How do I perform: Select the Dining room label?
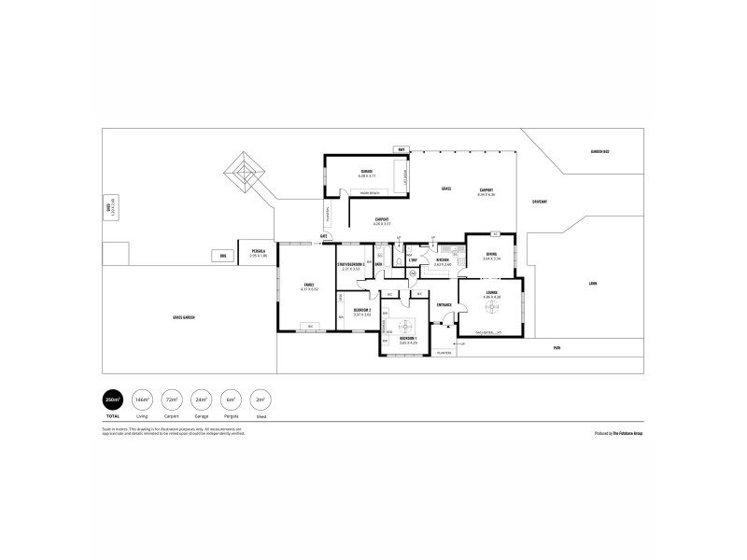pos(492,255)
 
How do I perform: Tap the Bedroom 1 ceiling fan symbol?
pos(404,328)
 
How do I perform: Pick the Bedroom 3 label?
pos(362,311)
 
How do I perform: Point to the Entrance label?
pos(444,304)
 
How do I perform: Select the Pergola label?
pos(258,251)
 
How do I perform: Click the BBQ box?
pos(222,255)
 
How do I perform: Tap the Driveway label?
pos(539,201)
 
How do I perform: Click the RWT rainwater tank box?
pos(400,149)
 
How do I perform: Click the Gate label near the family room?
pos(323,236)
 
